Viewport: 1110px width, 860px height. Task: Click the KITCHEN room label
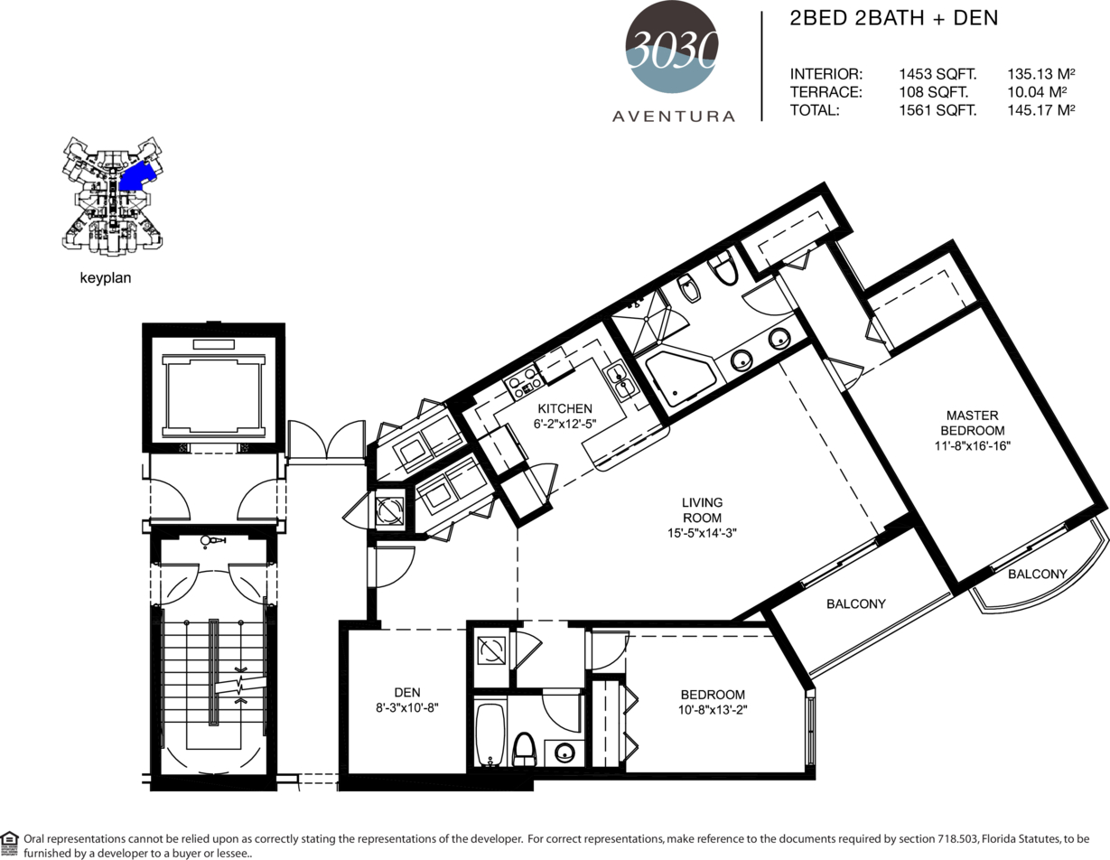(x=564, y=408)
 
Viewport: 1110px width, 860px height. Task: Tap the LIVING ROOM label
(x=702, y=509)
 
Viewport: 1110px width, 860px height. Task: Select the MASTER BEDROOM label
(x=972, y=423)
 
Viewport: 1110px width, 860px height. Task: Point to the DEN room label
(x=407, y=693)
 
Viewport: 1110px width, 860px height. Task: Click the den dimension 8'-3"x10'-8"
(x=407, y=708)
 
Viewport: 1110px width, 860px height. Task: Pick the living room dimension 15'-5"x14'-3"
(x=702, y=533)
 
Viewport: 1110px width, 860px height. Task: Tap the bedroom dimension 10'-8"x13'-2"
(x=713, y=710)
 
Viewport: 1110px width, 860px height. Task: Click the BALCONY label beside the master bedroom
(x=1038, y=574)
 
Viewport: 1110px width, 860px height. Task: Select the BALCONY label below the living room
(x=855, y=603)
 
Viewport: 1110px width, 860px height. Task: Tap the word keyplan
(x=106, y=278)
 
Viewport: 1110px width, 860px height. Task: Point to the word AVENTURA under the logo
(x=673, y=117)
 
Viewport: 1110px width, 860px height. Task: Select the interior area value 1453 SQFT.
(x=937, y=75)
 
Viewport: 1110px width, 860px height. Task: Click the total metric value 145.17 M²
(x=1041, y=110)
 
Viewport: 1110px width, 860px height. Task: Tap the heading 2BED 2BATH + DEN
(x=893, y=18)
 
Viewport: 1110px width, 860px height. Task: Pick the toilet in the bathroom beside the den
(x=525, y=749)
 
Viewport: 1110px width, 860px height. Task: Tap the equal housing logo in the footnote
(x=9, y=844)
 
